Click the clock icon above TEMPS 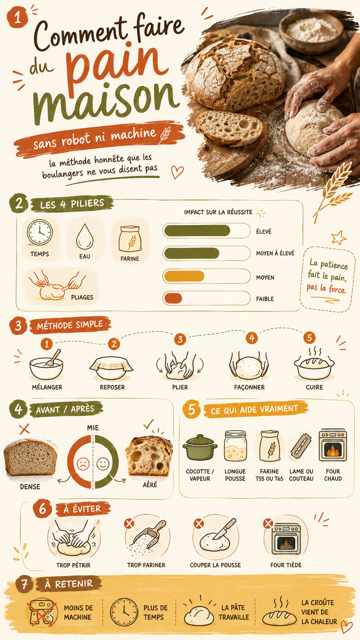[40, 233]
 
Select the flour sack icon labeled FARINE [130, 239]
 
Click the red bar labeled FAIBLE [173, 298]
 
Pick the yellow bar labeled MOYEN [184, 276]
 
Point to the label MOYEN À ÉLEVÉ [275, 253]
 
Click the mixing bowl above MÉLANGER [46, 366]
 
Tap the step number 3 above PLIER [180, 339]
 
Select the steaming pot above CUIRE [314, 364]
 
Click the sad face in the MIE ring [83, 464]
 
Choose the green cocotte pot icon [200, 447]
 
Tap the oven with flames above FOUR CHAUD [333, 445]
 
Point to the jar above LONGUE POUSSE [235, 446]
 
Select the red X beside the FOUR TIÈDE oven [268, 523]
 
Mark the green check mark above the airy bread [149, 424]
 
